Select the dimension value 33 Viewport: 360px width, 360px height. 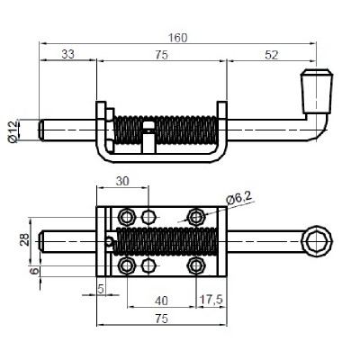click(x=68, y=54)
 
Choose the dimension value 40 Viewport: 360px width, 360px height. click(x=161, y=301)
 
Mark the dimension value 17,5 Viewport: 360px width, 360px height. click(x=212, y=301)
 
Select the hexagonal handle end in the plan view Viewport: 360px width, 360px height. click(x=317, y=240)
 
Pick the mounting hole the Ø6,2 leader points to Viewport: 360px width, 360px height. click(x=195, y=216)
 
